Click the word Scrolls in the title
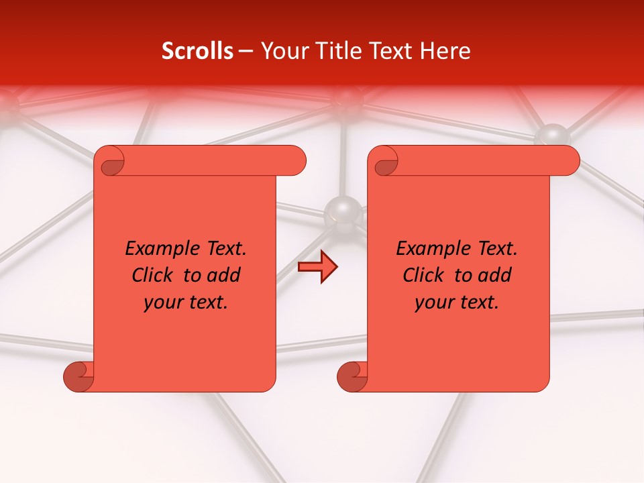(x=198, y=51)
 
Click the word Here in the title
(x=445, y=51)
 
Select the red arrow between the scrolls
(x=318, y=268)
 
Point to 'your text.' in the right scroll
(x=457, y=303)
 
